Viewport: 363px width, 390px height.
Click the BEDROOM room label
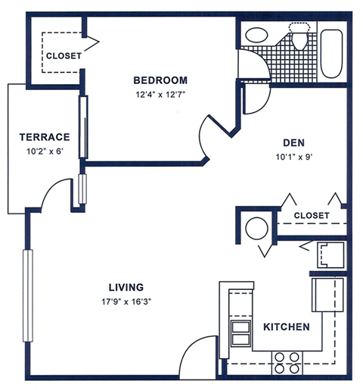click(160, 80)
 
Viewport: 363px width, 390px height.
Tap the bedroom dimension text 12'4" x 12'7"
click(160, 95)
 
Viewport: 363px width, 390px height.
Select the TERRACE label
click(45, 137)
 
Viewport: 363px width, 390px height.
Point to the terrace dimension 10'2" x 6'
click(45, 151)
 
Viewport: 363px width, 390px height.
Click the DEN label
click(293, 142)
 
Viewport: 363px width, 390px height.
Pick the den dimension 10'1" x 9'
click(293, 158)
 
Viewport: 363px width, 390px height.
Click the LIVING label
click(126, 287)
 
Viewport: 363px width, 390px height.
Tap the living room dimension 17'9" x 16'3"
click(126, 302)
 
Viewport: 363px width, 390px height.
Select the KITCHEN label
click(286, 327)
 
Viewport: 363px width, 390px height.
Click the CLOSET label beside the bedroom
click(64, 56)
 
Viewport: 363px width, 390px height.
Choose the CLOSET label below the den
click(312, 216)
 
